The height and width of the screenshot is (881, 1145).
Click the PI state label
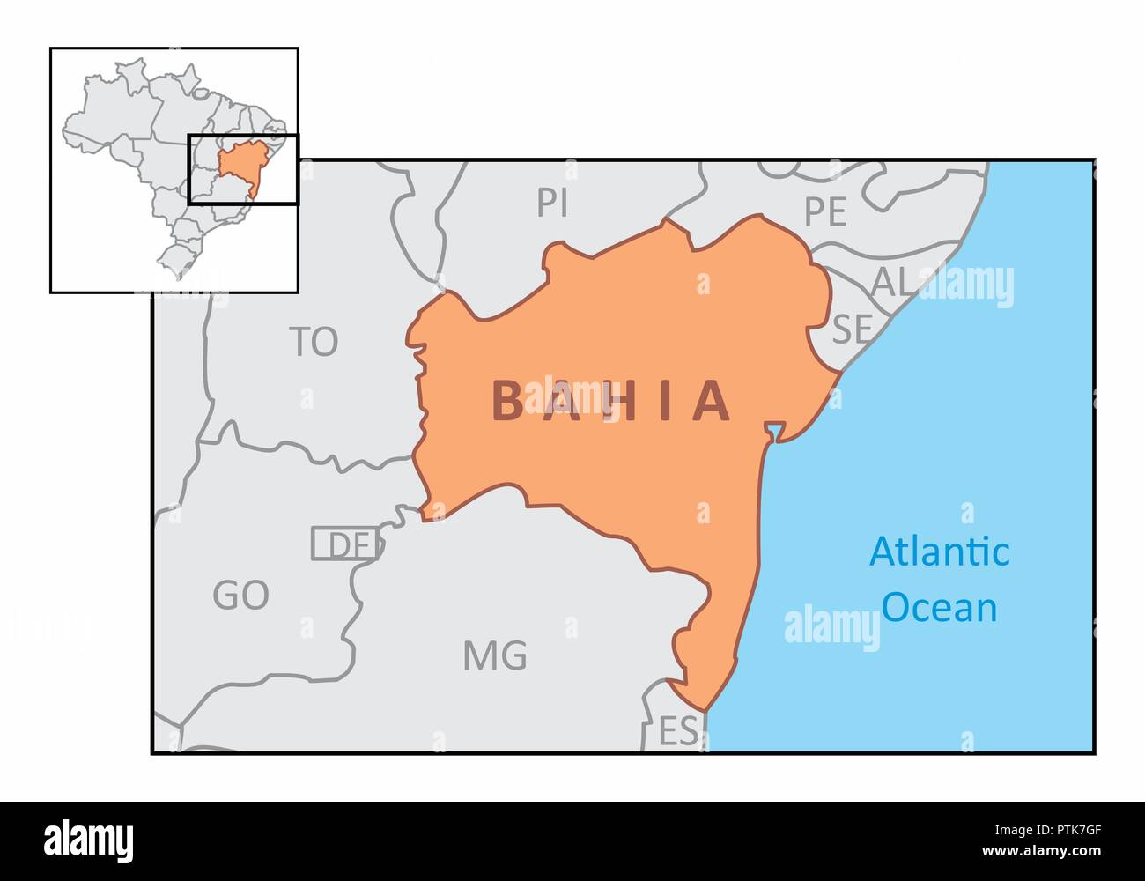(x=552, y=204)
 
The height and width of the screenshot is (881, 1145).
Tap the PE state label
(x=825, y=211)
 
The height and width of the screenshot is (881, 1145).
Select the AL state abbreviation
(x=891, y=282)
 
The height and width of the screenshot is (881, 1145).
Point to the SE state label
(x=852, y=329)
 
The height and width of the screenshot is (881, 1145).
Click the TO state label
(x=314, y=342)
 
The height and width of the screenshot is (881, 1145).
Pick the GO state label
(x=240, y=596)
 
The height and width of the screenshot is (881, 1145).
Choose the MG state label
(x=495, y=655)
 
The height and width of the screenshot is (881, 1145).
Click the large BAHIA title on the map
(x=611, y=402)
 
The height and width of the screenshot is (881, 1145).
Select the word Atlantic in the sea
(x=940, y=552)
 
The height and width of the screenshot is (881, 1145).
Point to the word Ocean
(x=940, y=608)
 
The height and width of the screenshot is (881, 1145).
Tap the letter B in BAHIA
(x=508, y=402)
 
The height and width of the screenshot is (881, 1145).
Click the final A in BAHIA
(x=712, y=402)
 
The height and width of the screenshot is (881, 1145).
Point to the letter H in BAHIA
(x=610, y=402)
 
